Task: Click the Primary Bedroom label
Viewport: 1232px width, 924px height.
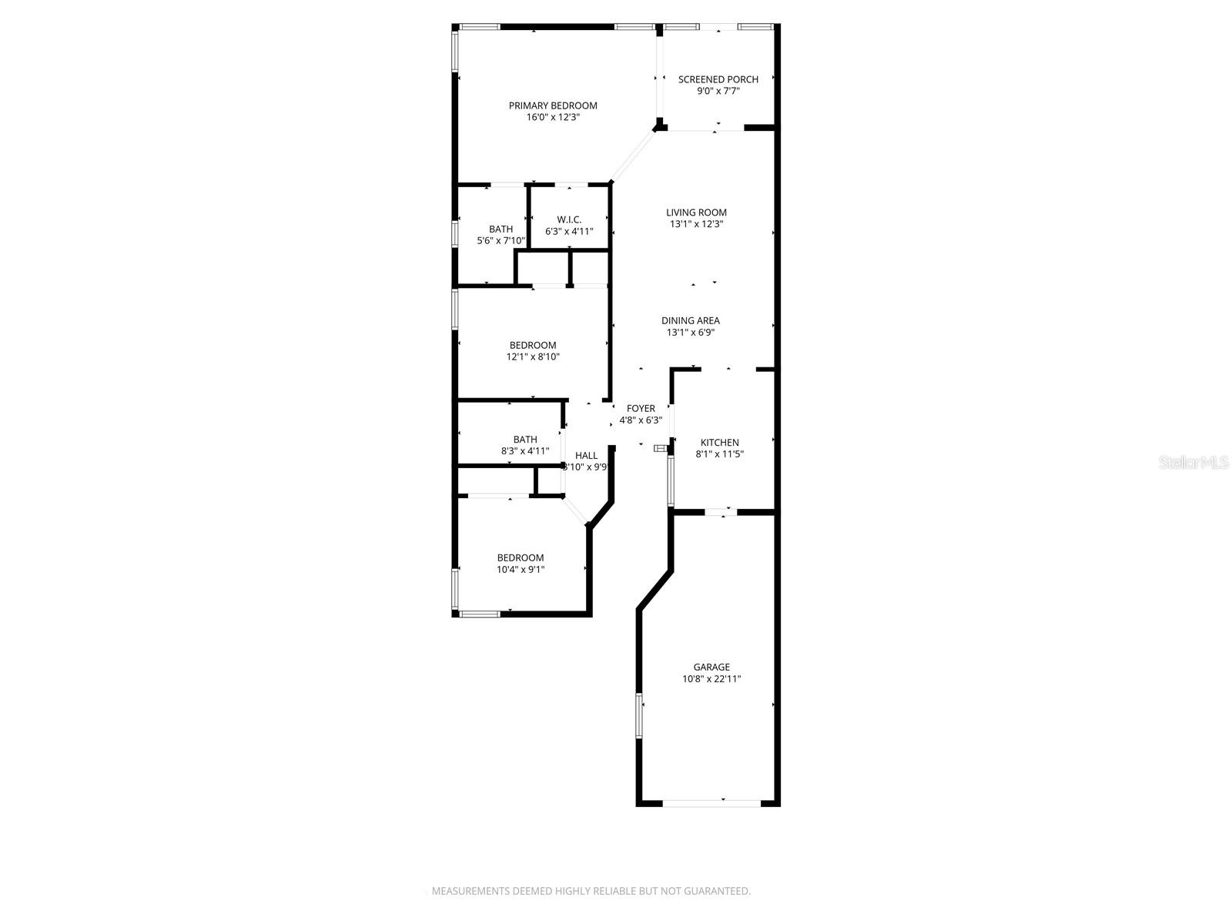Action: [553, 105]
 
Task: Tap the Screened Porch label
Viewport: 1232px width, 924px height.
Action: [718, 79]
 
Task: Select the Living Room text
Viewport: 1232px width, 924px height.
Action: [696, 213]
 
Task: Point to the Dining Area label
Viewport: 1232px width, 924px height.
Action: [690, 321]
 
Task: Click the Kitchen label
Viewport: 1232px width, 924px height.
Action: [719, 443]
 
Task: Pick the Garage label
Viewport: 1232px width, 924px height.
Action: [711, 668]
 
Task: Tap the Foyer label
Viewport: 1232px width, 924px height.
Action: [641, 409]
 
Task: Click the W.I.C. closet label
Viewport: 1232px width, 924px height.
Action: [569, 220]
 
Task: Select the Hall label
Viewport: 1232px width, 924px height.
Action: [586, 456]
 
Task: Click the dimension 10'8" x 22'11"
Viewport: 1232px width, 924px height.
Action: [711, 679]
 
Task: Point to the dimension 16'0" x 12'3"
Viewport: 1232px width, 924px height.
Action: [553, 118]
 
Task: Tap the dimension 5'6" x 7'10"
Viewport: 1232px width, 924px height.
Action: [500, 241]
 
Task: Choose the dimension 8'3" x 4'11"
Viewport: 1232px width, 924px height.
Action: [525, 451]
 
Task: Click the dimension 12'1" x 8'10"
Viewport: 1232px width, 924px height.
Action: [533, 357]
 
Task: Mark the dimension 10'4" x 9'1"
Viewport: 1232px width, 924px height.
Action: [521, 570]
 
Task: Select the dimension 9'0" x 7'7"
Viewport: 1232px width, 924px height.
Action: [718, 91]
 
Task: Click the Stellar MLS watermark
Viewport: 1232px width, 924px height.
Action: [1194, 463]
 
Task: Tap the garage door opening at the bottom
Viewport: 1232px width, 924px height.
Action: [711, 803]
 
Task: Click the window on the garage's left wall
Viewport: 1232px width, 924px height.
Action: [638, 715]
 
